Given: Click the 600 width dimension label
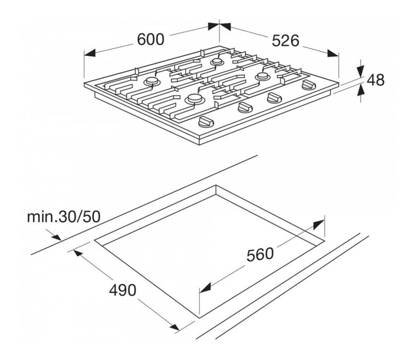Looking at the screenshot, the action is click(x=151, y=39).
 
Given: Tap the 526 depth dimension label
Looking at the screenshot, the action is click(x=286, y=41).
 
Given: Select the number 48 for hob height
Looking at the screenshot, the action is click(x=376, y=80).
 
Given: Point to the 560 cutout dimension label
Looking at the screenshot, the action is click(x=260, y=254).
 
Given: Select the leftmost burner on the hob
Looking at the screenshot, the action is click(x=152, y=81).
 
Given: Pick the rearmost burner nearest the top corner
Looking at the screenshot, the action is click(x=217, y=62).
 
